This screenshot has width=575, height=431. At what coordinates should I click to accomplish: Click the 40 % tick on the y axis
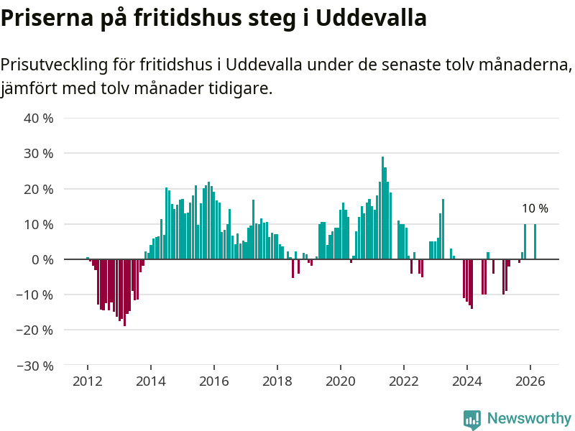(x=39, y=119)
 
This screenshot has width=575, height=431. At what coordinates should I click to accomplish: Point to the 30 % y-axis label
(x=39, y=154)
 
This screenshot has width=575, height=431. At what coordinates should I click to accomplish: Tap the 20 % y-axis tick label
(x=39, y=189)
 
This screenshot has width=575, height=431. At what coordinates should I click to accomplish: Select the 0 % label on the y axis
(x=42, y=259)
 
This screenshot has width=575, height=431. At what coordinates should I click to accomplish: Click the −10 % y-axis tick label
(x=35, y=295)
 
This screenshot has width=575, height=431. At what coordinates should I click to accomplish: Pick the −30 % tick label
(x=35, y=366)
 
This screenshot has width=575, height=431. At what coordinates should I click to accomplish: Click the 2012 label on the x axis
(x=88, y=381)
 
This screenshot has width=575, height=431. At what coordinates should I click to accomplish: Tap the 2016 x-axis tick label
(x=214, y=381)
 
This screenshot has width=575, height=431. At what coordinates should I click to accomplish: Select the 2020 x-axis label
(x=341, y=381)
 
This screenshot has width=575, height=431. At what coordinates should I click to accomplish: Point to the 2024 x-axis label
(x=467, y=381)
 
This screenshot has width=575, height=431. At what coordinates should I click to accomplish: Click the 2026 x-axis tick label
(x=530, y=381)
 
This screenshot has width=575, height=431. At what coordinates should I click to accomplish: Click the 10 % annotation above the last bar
(x=535, y=209)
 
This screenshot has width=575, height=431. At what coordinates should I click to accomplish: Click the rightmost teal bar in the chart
(x=535, y=241)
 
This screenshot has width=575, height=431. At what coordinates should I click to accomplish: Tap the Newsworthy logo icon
(x=472, y=420)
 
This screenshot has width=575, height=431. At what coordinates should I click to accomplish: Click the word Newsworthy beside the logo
(x=529, y=419)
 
